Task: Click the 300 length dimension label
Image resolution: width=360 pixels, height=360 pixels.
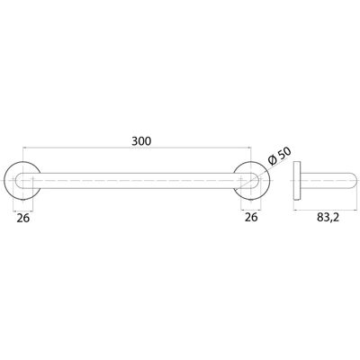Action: [x=141, y=141]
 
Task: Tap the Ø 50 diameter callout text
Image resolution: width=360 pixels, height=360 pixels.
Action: [x=280, y=157]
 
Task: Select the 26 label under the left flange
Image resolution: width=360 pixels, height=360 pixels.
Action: [x=23, y=219]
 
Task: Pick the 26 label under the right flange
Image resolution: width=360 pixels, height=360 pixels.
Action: [x=251, y=217]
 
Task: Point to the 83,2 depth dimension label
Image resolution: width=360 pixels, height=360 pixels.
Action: [x=328, y=218]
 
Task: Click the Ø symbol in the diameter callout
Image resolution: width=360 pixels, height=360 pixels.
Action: [x=273, y=161]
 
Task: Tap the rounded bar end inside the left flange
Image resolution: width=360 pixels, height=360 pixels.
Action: [x=19, y=181]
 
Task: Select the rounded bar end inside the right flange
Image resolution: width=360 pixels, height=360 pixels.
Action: [x=255, y=181]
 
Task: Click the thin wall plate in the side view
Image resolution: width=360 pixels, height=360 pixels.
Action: [x=297, y=181]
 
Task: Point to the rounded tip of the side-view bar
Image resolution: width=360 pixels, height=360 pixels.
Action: [x=355, y=181]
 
